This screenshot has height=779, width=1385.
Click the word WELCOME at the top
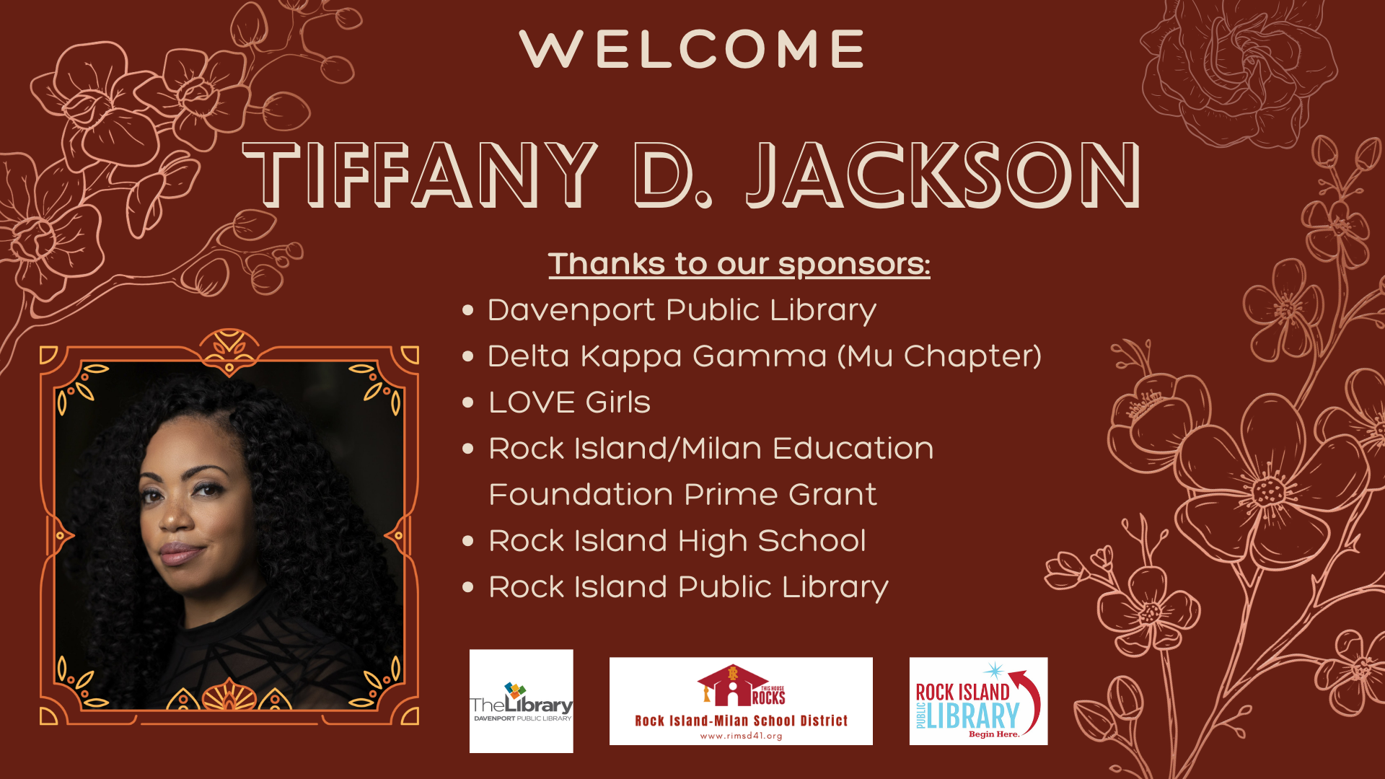pyautogui.click(x=692, y=49)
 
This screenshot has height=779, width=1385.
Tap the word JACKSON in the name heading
pyautogui.click(x=944, y=175)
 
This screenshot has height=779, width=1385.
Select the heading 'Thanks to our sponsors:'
pyautogui.click(x=739, y=264)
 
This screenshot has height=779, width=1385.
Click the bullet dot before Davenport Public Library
pyautogui.click(x=468, y=310)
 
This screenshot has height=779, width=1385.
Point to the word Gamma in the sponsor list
pyautogui.click(x=759, y=356)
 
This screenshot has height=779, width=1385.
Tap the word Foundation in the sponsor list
pyautogui.click(x=581, y=495)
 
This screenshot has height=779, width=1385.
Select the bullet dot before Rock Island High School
pyautogui.click(x=468, y=541)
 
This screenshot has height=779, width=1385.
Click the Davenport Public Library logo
pyautogui.click(x=522, y=701)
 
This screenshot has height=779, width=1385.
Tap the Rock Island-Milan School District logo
pyautogui.click(x=741, y=701)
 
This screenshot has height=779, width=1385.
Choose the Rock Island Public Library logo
pyautogui.click(x=978, y=701)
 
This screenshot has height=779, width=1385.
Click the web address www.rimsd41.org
pyautogui.click(x=741, y=736)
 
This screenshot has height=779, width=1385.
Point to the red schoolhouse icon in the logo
pyautogui.click(x=732, y=685)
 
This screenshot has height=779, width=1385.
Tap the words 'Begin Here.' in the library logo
pyautogui.click(x=994, y=734)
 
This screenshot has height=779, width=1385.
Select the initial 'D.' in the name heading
pyautogui.click(x=673, y=175)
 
